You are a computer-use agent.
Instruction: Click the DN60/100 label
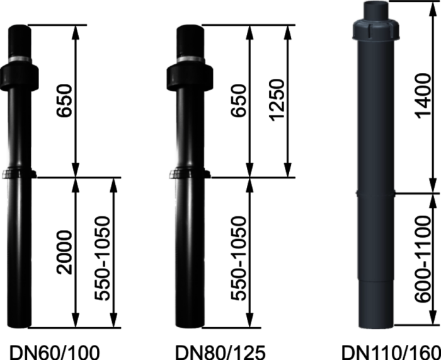[55, 352]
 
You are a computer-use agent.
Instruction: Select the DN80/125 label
[220, 352]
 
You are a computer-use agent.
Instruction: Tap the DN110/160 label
[391, 352]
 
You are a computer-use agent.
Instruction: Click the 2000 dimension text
[64, 252]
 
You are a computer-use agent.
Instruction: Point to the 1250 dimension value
[277, 100]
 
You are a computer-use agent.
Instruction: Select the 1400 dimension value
[423, 96]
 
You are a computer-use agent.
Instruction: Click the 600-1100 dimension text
[423, 259]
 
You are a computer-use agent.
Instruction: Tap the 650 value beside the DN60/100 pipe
[64, 100]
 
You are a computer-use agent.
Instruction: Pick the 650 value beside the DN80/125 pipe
[239, 100]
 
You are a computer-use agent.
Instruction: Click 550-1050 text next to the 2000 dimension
[102, 258]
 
